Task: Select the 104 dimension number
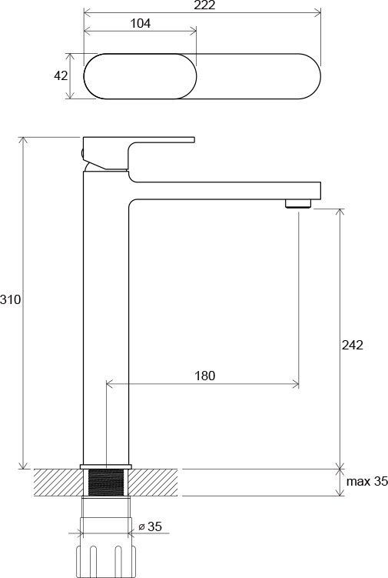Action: [x=140, y=24]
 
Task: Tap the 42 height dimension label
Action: [x=61, y=76]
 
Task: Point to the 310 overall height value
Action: [x=10, y=300]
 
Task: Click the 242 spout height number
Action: [x=352, y=345]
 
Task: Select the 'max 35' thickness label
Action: [x=367, y=483]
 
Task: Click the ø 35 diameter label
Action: [x=151, y=526]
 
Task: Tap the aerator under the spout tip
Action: [x=298, y=204]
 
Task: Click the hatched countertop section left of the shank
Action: [x=58, y=483]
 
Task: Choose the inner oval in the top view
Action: [x=139, y=76]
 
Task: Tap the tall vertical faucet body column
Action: [x=106, y=323]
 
